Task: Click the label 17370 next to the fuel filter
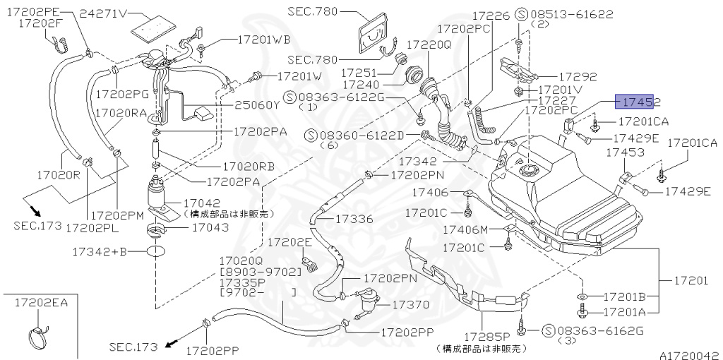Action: tap(410, 305)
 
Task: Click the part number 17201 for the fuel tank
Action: tap(690, 281)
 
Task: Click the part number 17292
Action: tap(578, 76)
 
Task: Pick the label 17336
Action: tap(353, 220)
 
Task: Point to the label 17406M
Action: tap(465, 229)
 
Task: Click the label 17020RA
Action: tap(121, 112)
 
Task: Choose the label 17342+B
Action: tap(99, 251)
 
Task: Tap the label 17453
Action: tap(620, 152)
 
